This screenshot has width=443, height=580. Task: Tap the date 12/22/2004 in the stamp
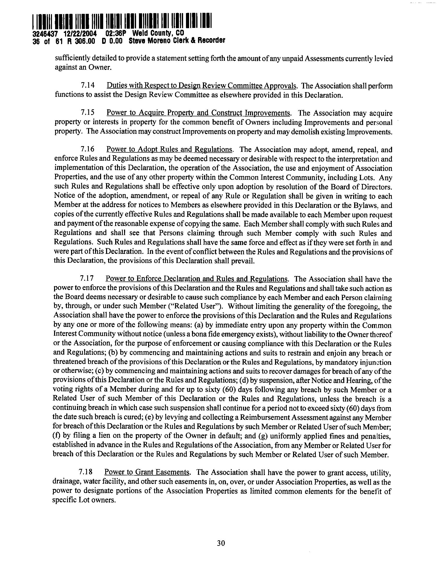[80, 34]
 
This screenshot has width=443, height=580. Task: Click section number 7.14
[88, 86]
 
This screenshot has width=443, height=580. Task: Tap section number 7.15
[88, 113]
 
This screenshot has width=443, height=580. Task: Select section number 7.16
[88, 149]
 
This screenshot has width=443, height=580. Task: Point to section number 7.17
[87, 279]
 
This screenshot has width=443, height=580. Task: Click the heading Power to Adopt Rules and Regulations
[169, 149]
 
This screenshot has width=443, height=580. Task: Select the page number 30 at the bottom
[221, 543]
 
